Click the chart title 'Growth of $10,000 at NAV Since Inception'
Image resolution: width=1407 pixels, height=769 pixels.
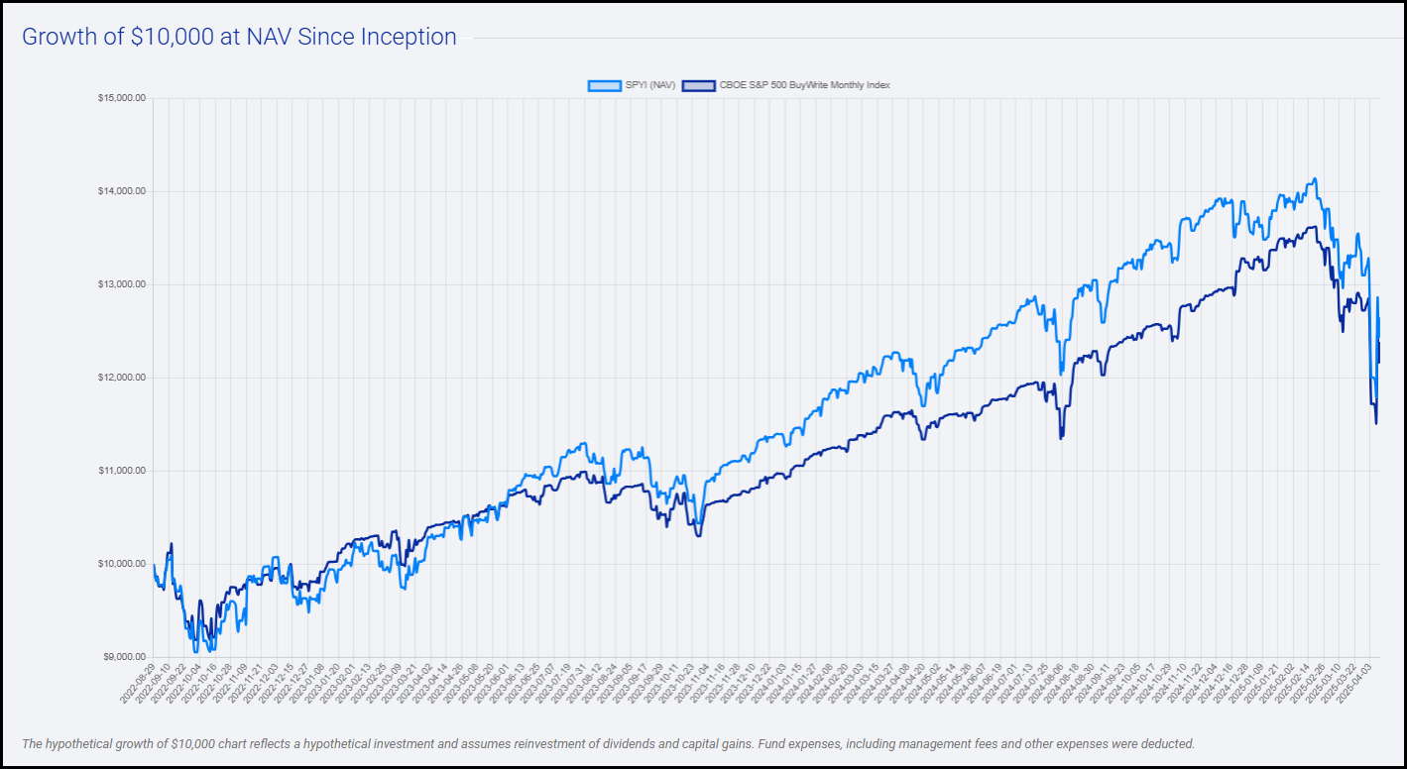point(239,38)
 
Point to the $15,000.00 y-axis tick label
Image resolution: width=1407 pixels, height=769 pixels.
point(122,98)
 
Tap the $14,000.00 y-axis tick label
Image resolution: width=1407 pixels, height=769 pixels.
point(122,191)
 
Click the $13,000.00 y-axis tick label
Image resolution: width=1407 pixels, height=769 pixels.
point(122,284)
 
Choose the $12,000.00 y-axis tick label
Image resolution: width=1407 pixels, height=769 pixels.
point(122,378)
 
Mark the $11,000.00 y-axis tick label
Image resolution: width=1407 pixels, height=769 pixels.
point(122,471)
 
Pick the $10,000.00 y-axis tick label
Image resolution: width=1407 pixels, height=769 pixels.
point(122,564)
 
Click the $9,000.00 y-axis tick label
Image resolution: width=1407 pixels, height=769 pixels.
point(124,657)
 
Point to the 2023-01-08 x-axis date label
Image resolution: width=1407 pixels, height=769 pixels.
point(307,685)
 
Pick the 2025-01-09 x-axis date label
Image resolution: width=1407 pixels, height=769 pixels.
point(1235,685)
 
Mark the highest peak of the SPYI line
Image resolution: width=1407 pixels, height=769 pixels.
point(1315,179)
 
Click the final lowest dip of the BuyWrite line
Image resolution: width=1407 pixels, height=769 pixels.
point(1375,424)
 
